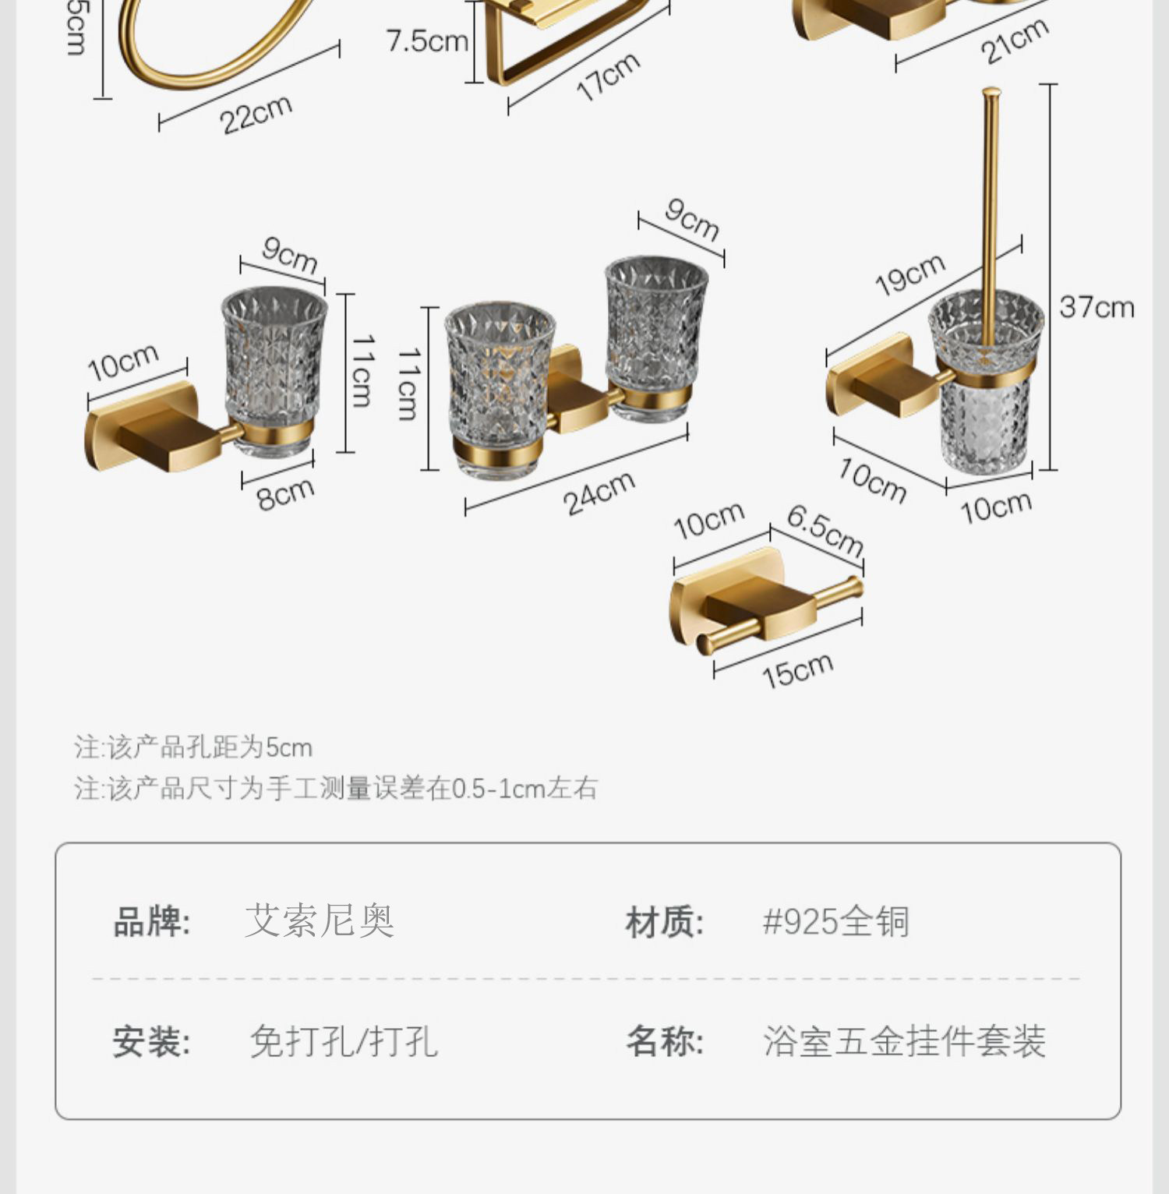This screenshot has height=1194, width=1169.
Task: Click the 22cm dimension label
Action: tap(256, 115)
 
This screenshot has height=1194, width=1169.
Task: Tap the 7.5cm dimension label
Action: tap(426, 41)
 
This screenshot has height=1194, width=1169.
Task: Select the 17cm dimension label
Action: tap(608, 76)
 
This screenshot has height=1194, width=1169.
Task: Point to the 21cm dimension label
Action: tap(1014, 41)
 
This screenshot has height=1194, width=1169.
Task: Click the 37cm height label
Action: tap(1097, 307)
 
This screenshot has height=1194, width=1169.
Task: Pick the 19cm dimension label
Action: tap(909, 274)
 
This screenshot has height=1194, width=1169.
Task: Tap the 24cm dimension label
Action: tap(599, 493)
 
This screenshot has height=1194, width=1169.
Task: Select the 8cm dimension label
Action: tap(285, 493)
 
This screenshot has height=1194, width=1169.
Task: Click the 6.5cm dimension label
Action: tap(825, 529)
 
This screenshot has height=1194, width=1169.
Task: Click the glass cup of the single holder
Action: tap(274, 366)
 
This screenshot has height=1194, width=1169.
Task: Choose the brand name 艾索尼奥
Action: tap(320, 921)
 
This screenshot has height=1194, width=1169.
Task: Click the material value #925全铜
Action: tap(835, 921)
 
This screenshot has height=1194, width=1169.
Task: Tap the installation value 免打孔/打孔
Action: tap(344, 1041)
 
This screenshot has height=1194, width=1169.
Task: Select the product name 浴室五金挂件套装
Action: tap(904, 1041)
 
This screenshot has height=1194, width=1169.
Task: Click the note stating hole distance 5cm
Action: tap(193, 747)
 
